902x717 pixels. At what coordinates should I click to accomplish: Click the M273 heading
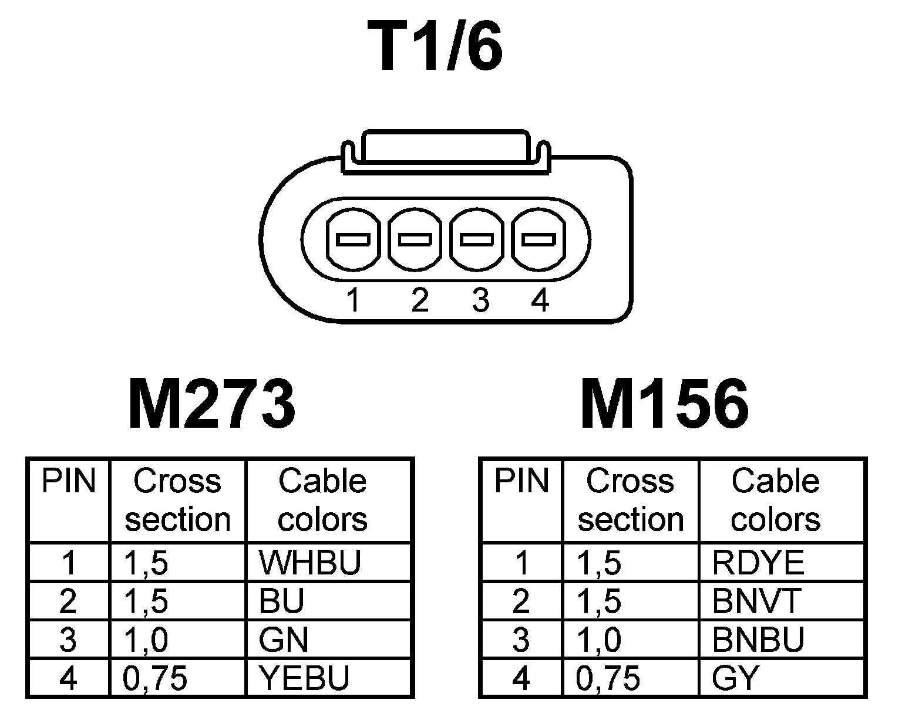[211, 404]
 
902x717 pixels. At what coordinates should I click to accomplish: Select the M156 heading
[664, 404]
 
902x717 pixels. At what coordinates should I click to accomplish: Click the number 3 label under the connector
[480, 301]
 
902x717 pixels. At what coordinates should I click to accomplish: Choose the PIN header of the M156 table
[521, 482]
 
